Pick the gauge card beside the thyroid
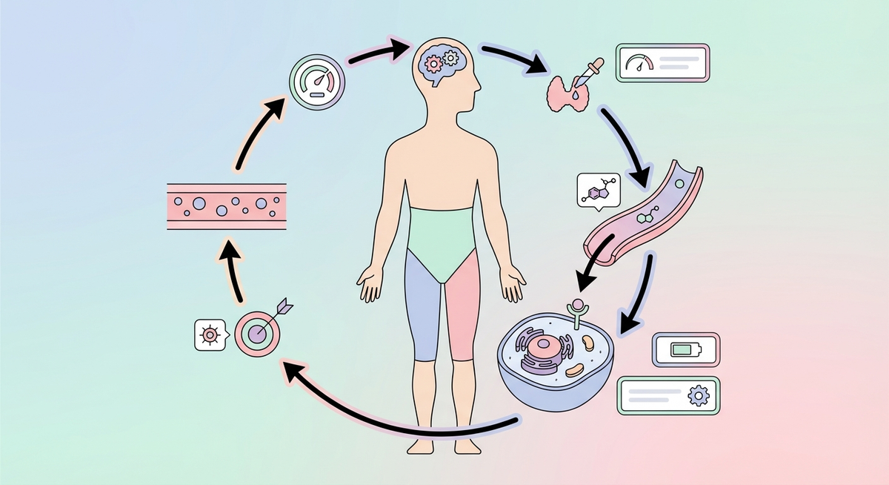coord(662,63)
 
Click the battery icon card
coord(686,349)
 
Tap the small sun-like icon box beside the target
coord(210,335)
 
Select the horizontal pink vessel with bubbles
coord(227,205)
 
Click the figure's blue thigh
coord(422,304)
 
